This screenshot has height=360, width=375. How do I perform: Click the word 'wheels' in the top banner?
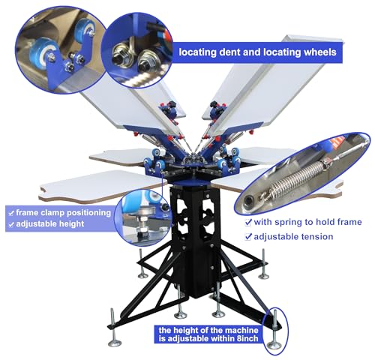320,52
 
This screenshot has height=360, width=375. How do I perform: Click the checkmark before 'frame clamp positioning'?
11,213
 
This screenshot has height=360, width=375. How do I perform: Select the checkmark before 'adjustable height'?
11,224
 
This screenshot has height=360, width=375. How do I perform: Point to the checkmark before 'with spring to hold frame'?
248,222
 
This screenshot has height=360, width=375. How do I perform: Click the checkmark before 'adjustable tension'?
248,237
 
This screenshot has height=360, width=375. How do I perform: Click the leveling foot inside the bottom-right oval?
275,331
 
